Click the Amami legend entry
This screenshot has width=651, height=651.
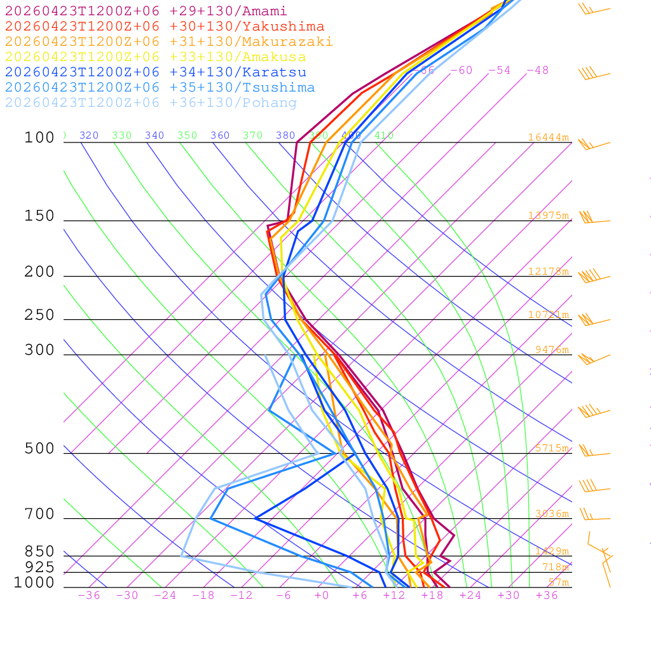point(146,11)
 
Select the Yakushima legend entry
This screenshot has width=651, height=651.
point(164,27)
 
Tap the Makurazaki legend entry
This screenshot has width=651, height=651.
point(168,42)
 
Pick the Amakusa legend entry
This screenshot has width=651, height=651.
point(155,57)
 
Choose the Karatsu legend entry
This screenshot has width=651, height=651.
point(155,72)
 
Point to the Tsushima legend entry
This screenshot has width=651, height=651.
point(160,88)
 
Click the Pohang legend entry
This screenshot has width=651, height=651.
point(151,103)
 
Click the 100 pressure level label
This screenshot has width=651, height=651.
point(39,138)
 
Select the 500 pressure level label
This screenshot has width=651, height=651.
point(39,449)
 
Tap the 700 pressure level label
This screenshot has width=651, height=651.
point(39,515)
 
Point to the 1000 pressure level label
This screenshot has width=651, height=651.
point(34,583)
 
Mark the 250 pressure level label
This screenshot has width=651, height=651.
point(39,315)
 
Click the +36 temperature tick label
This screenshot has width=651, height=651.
point(547,596)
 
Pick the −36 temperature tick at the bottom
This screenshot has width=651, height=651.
point(89,596)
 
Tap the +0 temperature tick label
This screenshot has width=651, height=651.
point(322,596)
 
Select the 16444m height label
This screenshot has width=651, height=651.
point(548,137)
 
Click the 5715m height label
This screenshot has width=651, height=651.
point(552,448)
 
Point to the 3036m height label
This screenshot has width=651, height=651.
point(552,514)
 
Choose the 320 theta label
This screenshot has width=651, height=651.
point(89,135)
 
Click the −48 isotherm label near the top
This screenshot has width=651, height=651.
point(538,71)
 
